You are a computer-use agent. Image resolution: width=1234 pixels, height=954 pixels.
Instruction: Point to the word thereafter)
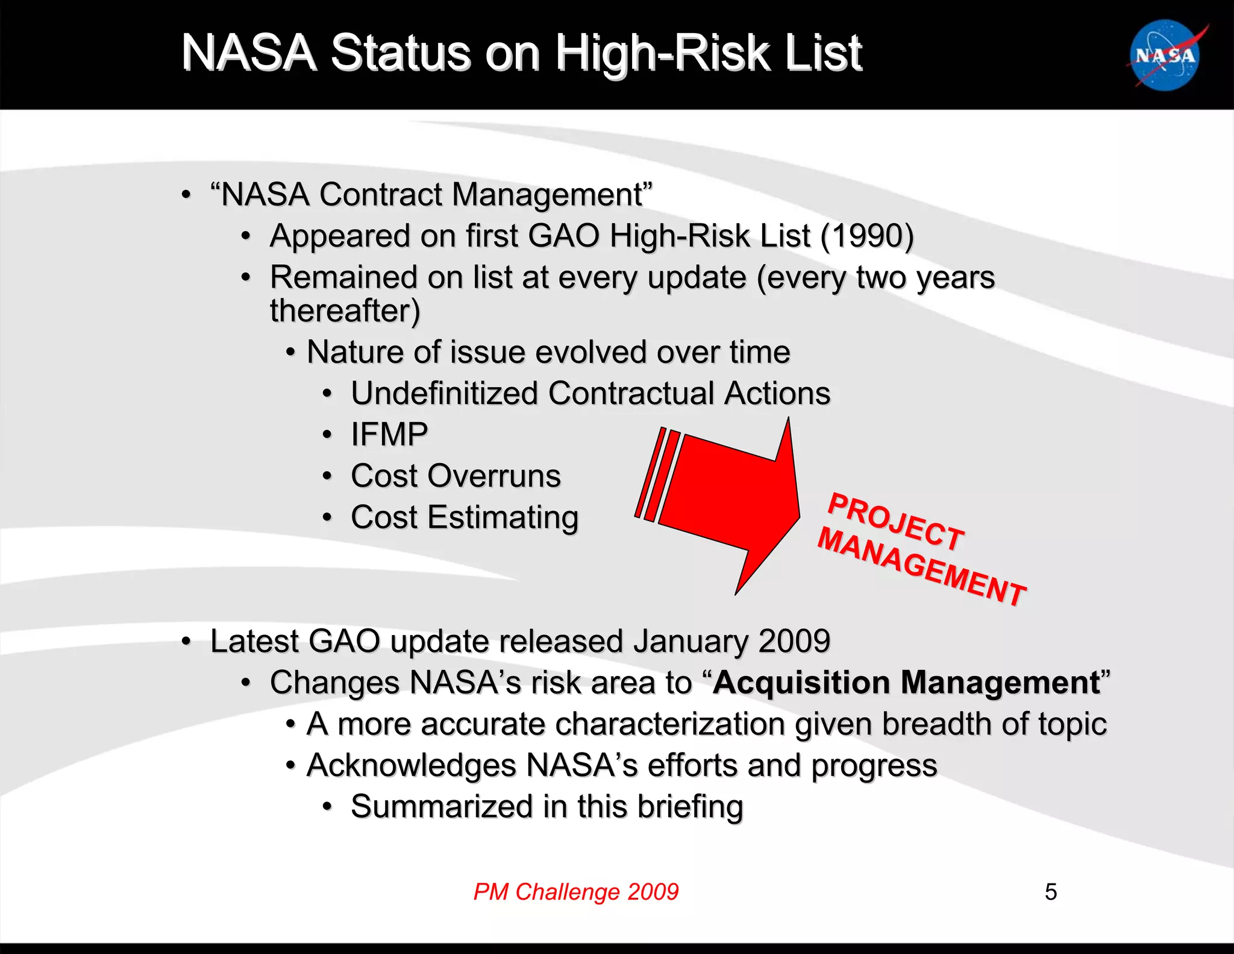point(345,311)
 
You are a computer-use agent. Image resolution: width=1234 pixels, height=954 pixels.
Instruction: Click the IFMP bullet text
point(389,434)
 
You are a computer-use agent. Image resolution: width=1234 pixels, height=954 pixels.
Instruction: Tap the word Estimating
point(503,517)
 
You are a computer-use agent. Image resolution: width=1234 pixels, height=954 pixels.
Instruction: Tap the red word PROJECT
point(896,522)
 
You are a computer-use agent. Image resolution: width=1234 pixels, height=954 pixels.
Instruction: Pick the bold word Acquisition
point(801,683)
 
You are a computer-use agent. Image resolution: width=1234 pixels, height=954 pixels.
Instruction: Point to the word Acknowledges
point(411,766)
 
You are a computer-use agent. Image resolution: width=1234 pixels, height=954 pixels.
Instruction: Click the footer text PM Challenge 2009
point(575,891)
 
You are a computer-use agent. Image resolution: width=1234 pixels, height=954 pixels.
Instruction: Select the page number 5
point(1050,892)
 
